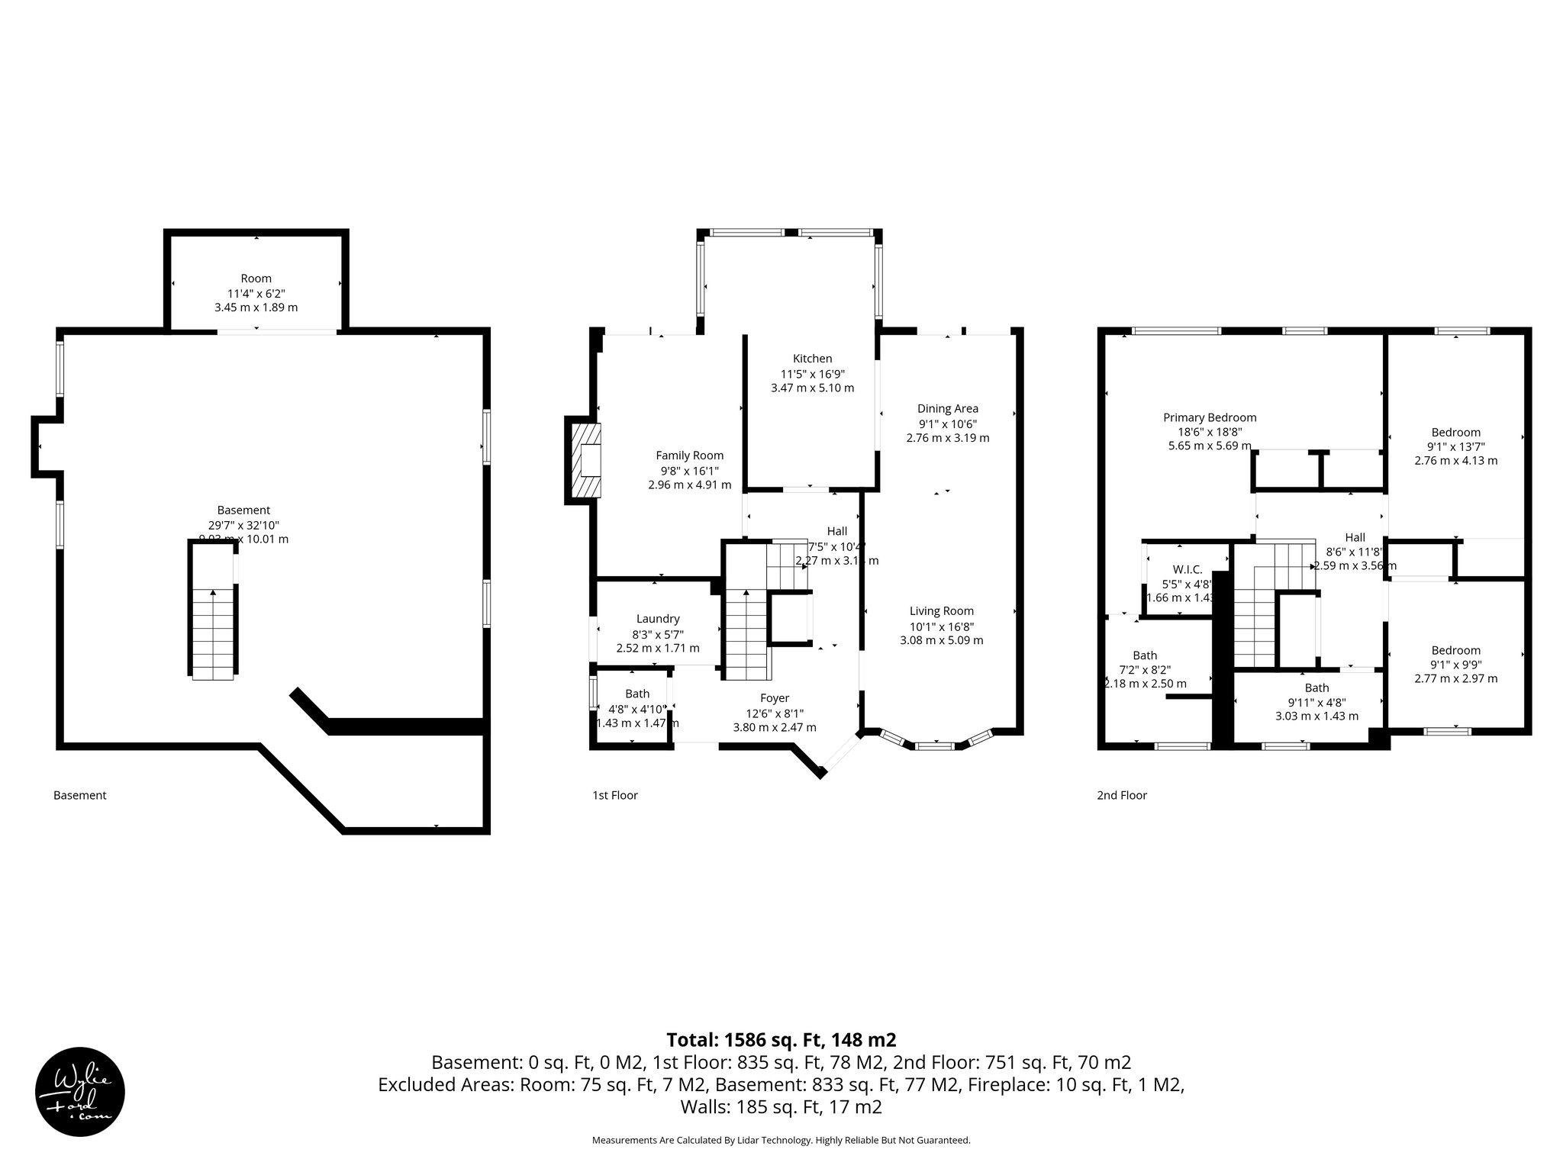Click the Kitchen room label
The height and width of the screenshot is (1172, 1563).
(812, 359)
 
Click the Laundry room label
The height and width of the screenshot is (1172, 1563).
(657, 619)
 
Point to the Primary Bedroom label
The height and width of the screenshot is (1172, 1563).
(1210, 417)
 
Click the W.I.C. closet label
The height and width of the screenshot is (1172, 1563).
(1187, 569)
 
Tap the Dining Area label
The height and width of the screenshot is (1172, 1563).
(947, 409)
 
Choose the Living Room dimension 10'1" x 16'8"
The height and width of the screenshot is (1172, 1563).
(941, 626)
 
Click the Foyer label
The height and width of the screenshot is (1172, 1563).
(774, 698)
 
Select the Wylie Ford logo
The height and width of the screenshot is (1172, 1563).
(80, 1092)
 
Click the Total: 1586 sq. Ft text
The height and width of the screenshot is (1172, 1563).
(781, 1040)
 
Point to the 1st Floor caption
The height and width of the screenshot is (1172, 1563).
(614, 795)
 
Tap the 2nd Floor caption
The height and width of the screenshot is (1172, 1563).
(1121, 795)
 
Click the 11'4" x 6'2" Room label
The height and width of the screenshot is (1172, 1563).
(256, 293)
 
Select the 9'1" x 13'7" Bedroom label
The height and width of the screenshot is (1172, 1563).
(1455, 446)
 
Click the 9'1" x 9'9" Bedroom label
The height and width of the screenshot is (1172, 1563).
(1455, 665)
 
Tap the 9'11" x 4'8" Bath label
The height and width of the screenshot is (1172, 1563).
(1316, 702)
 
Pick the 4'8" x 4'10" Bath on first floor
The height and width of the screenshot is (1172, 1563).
(636, 708)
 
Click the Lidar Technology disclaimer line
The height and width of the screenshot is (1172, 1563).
(781, 1140)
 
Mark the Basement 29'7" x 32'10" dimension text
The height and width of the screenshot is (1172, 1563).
(243, 525)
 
